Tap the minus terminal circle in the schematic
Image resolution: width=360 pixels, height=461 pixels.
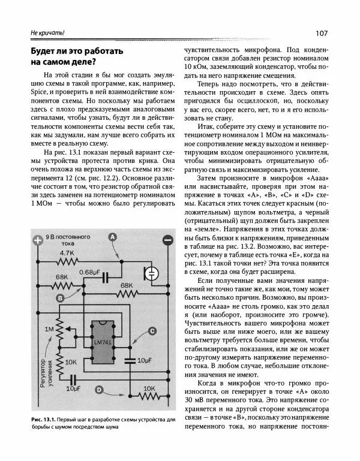click(167, 241)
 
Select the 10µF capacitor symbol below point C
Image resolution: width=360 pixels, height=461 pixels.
click(129, 360)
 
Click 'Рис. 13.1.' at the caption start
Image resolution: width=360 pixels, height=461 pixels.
click(31, 418)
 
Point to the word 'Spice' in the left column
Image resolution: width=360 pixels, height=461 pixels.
click(40, 92)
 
